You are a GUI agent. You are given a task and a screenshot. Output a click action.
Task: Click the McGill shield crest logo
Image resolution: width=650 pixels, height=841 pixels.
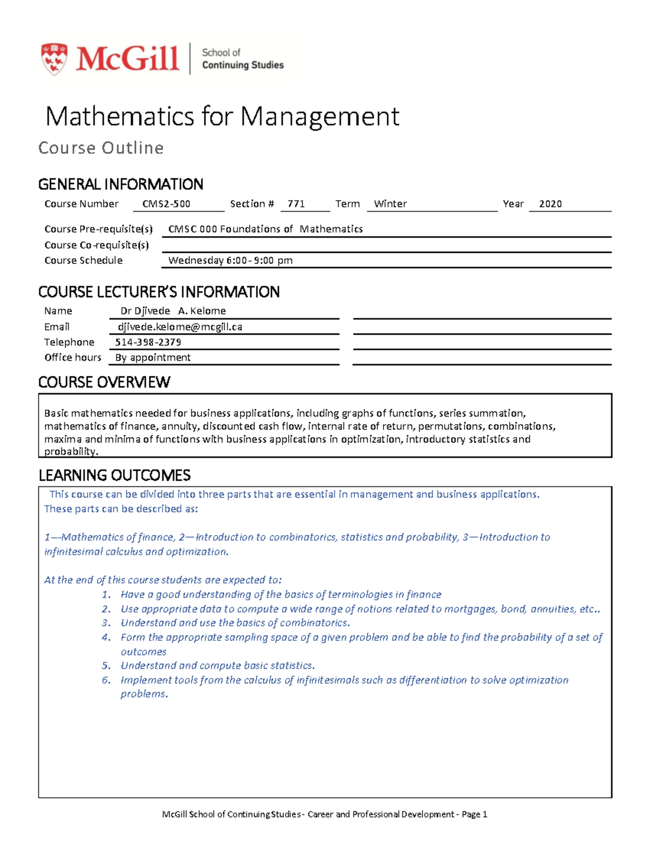coord(54,58)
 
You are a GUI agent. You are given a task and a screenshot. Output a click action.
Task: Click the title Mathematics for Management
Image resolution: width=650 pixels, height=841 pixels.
coord(222,116)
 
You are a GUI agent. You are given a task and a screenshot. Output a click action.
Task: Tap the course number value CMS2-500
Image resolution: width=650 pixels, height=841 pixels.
coord(166,204)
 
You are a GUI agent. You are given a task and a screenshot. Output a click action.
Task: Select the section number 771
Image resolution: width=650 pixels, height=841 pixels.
coord(296,204)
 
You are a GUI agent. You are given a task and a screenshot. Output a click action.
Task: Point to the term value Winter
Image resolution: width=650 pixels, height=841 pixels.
coord(390,204)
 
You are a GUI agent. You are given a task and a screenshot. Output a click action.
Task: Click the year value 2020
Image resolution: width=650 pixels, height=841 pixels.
coord(550,204)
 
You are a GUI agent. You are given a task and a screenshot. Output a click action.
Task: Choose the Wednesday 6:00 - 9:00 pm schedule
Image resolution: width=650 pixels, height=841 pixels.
coord(230,260)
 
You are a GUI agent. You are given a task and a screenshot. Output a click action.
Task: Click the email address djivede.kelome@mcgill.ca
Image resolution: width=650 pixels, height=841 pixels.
coord(180,327)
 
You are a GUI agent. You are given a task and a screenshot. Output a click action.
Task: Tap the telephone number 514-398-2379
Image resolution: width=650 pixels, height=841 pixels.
coord(148,342)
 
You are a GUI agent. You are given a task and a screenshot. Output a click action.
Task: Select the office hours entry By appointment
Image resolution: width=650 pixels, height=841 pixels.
coord(153,357)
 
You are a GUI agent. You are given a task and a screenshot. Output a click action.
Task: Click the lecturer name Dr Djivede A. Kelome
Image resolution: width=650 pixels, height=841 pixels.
coord(173,311)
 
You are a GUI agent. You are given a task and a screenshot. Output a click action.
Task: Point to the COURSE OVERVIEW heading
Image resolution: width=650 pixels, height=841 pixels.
coord(104,382)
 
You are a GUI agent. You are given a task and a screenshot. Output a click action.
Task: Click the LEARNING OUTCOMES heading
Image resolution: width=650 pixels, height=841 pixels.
coord(114,475)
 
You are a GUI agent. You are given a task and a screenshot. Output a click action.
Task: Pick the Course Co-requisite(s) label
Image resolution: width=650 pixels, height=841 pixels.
coord(96,245)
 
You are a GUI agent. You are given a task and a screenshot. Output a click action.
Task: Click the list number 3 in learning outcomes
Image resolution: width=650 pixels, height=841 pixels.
coord(106,623)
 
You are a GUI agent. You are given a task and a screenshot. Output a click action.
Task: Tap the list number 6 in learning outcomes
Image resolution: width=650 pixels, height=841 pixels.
coord(106,680)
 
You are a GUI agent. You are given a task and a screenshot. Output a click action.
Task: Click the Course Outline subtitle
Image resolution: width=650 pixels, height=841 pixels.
coord(101,148)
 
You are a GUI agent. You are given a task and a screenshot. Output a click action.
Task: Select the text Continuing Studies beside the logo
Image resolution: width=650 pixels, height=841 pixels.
coord(243,65)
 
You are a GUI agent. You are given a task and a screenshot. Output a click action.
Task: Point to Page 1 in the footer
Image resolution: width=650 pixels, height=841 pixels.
coord(474,814)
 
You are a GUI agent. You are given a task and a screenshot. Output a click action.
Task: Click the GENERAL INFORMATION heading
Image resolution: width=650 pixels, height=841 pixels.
coord(120,184)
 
